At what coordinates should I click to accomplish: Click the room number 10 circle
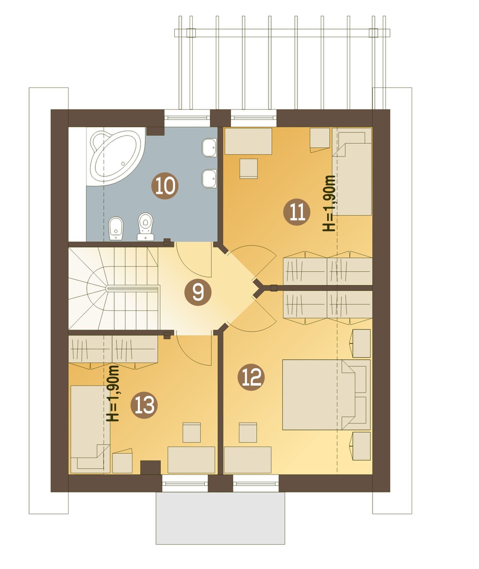(x=165, y=186)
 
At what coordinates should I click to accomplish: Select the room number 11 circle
(x=297, y=212)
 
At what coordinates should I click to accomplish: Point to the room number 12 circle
(x=251, y=377)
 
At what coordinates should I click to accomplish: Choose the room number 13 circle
(x=144, y=405)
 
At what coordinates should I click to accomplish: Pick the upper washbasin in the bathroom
(x=210, y=148)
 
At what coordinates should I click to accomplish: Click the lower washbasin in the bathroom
(x=210, y=179)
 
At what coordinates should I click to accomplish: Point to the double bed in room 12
(x=326, y=394)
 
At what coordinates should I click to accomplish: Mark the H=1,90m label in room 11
(x=329, y=204)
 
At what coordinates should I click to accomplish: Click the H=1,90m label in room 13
(x=113, y=393)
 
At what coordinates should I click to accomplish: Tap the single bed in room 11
(x=352, y=172)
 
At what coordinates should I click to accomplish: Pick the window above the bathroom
(x=187, y=118)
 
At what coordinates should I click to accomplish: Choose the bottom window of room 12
(x=256, y=484)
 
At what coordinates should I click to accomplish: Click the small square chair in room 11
(x=248, y=169)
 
